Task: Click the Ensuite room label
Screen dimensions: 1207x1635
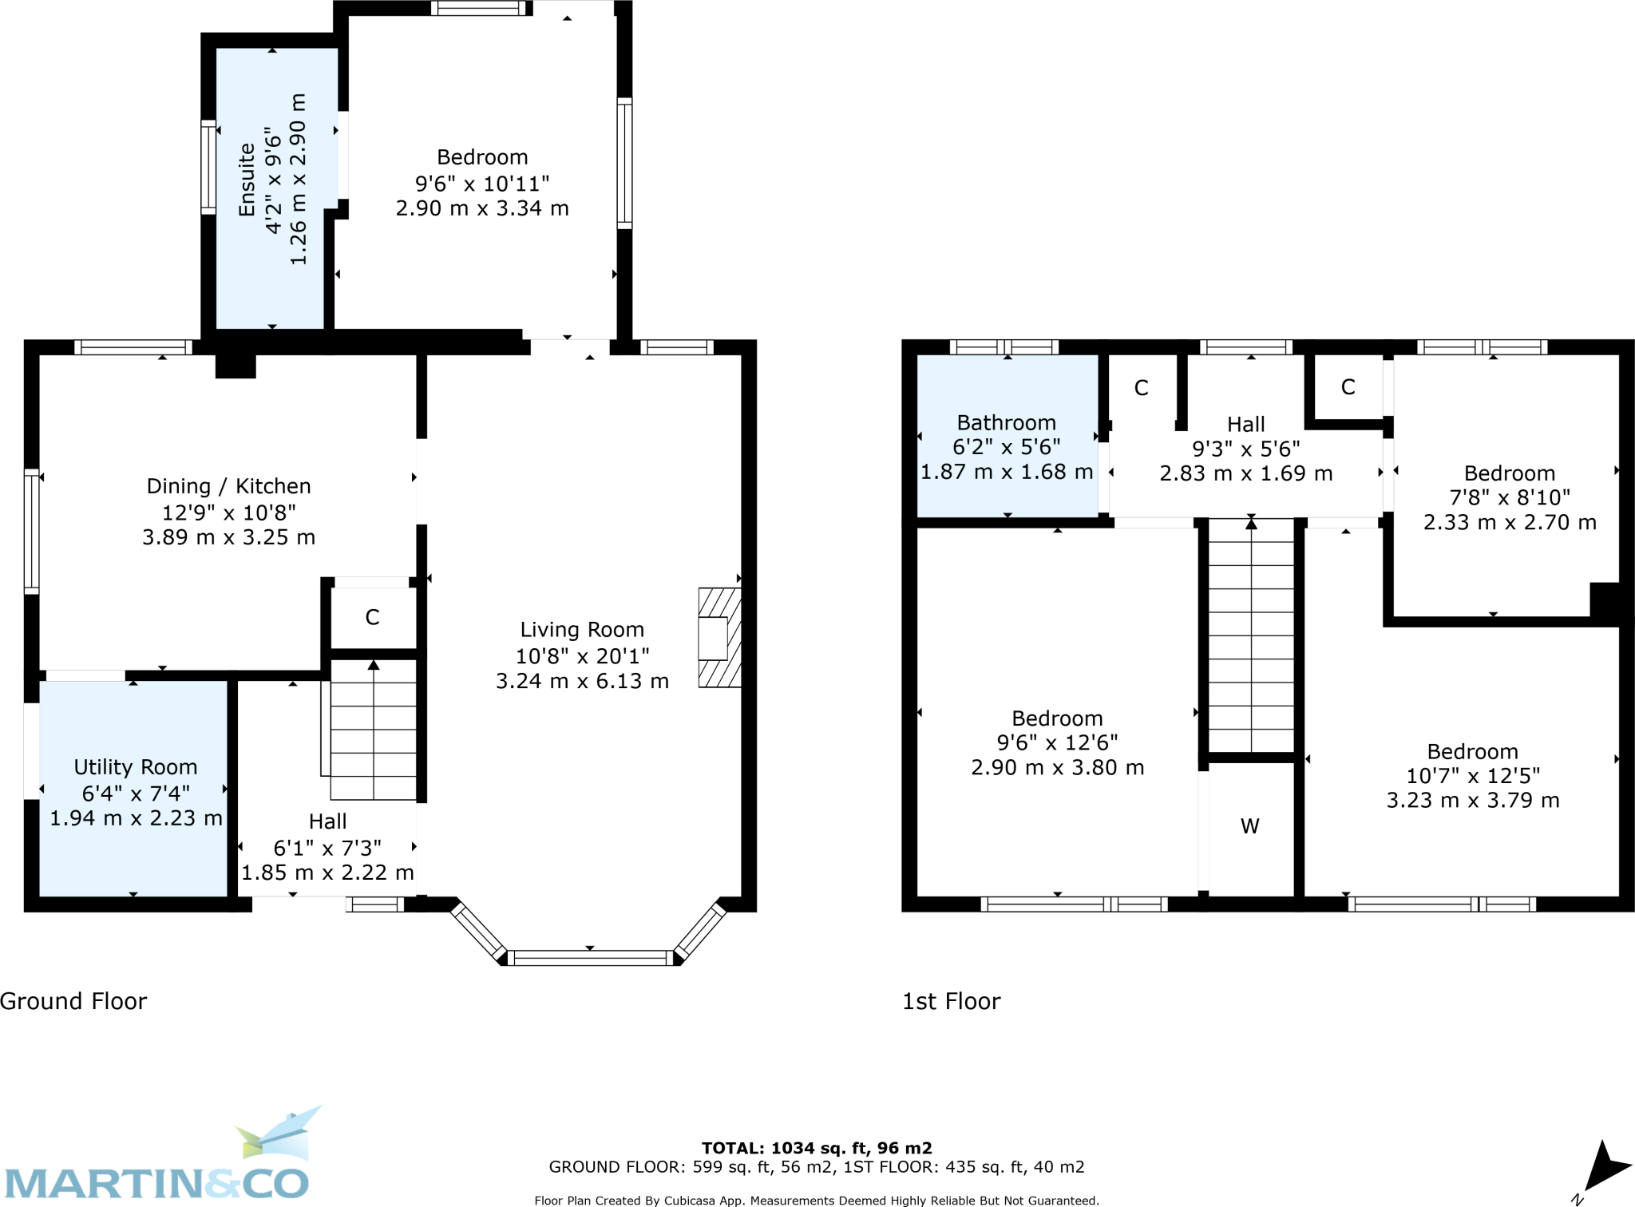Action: tap(247, 180)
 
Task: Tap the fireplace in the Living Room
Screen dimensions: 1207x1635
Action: tap(719, 638)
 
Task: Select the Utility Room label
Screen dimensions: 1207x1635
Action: tap(136, 767)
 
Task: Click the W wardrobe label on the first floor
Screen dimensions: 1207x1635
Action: tap(1250, 826)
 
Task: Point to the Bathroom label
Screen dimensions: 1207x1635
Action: tap(1006, 423)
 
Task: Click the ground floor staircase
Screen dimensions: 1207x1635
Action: tap(373, 730)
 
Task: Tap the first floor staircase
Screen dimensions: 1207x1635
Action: tap(1251, 635)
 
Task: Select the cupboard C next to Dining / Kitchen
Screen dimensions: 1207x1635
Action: tap(372, 617)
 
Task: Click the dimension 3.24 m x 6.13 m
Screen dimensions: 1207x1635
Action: tap(582, 681)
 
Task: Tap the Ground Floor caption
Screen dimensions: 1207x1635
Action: tap(73, 1001)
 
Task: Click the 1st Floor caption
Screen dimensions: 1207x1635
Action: tap(951, 1001)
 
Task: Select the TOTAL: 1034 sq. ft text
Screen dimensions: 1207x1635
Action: tap(816, 1148)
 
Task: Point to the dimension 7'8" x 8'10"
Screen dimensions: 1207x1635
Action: tap(1509, 497)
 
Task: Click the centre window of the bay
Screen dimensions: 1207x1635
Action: tap(591, 957)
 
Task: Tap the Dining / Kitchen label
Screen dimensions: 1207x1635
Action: tap(228, 486)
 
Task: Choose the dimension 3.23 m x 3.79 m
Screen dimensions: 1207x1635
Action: tap(1472, 800)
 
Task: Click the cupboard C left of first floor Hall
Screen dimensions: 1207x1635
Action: tap(1141, 388)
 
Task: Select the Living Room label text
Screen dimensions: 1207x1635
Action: tap(582, 630)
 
